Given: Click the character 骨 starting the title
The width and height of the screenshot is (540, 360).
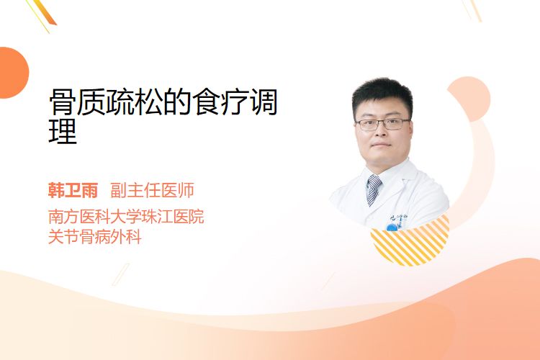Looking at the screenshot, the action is (x=63, y=102).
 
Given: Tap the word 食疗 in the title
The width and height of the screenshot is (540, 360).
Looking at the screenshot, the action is (x=221, y=102).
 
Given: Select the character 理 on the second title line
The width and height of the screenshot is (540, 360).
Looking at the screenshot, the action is (x=63, y=131).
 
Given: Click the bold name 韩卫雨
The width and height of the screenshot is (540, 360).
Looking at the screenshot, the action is (x=73, y=190).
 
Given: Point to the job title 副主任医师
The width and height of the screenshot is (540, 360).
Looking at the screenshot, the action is (x=152, y=190).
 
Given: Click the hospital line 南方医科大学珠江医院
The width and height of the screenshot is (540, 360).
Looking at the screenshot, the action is (x=126, y=216).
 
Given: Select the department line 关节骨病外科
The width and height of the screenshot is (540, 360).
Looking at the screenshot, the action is (x=95, y=237).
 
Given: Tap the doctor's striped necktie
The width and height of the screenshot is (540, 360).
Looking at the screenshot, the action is (x=373, y=190).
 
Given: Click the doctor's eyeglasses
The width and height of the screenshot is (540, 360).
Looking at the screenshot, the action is (x=383, y=124).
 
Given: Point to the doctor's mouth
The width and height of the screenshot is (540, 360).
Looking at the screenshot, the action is (x=381, y=145).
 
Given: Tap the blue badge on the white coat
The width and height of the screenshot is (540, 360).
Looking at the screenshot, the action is (x=392, y=228).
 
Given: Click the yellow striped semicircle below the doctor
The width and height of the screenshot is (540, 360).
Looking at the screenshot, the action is (x=410, y=245).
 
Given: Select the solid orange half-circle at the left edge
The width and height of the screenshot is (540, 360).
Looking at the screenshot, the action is (x=13, y=73).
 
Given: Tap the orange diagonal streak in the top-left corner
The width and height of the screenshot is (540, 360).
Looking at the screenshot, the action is (x=45, y=14).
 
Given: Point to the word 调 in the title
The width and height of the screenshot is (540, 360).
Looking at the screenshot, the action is (x=264, y=102).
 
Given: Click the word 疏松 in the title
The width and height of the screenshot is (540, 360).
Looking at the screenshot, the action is (x=135, y=102).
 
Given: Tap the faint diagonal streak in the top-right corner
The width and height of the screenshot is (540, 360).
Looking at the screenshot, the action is (x=472, y=10).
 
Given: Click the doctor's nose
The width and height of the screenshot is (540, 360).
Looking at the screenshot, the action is (x=381, y=132).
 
